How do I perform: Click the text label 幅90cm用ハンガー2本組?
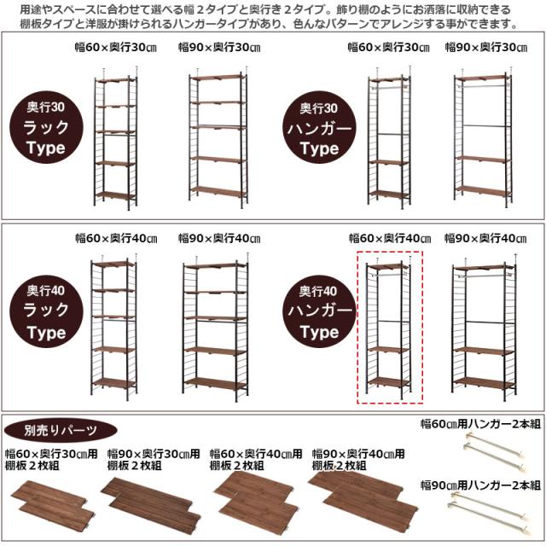[479, 485]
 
